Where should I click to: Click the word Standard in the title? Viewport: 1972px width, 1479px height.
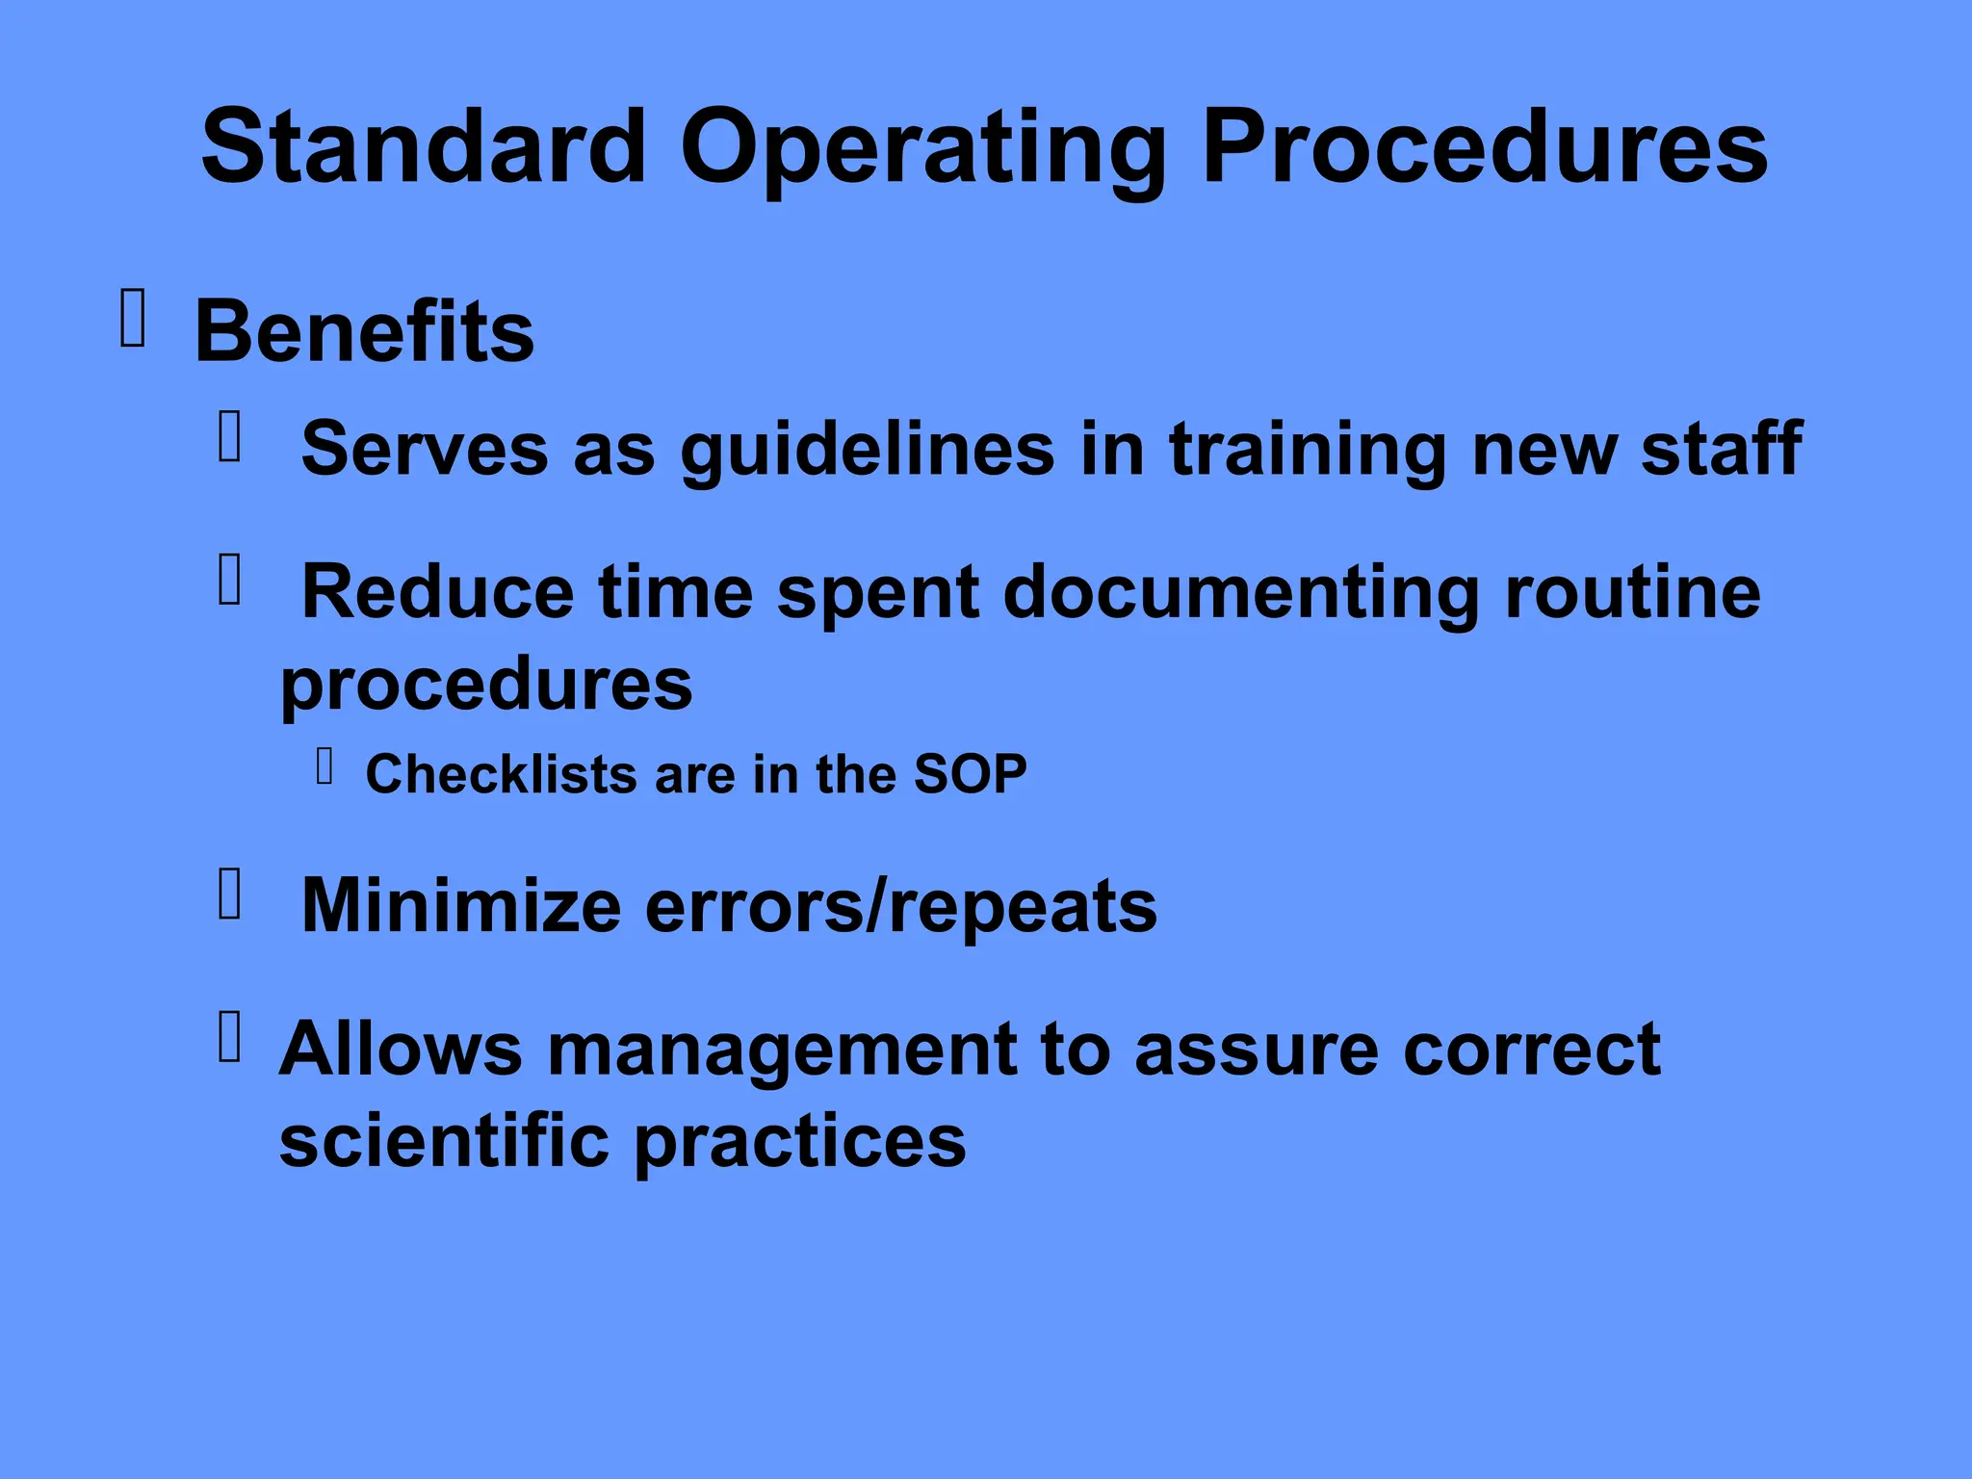424,146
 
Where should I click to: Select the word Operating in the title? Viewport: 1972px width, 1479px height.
922,149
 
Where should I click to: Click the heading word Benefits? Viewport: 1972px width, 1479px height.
364,331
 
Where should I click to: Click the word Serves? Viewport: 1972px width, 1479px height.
425,449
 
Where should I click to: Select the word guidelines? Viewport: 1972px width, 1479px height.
867,451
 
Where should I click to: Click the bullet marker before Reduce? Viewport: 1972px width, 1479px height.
229,580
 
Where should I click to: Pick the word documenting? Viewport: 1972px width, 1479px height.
1241,592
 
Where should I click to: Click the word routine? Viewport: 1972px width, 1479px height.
1633,591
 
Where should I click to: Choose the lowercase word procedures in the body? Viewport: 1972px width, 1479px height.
486,686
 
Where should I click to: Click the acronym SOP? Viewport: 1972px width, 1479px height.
970,773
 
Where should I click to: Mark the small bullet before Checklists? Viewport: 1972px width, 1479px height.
324,766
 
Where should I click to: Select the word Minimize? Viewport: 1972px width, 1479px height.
461,905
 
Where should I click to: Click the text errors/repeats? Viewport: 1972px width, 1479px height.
900,907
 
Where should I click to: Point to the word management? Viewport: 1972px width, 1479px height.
781,1049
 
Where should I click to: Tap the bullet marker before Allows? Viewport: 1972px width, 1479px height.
229,1037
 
